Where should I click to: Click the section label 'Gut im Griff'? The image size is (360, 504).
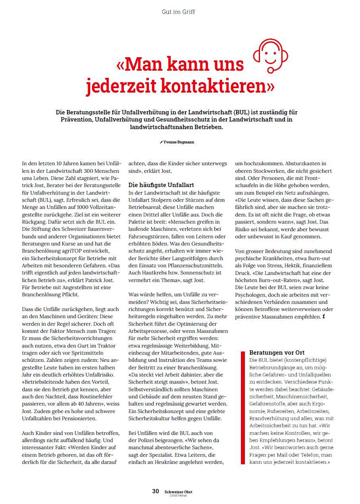[178, 12]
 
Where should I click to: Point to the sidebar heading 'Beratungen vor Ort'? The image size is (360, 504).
[277, 352]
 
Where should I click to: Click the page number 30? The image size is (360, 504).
[156, 491]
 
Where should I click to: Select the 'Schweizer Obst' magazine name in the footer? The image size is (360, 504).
[178, 492]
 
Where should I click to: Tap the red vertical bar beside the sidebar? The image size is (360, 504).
[243, 407]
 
